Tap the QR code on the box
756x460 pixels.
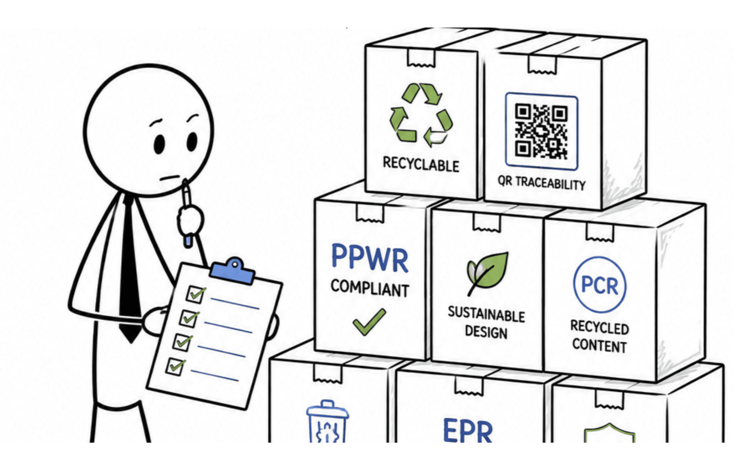(x=541, y=131)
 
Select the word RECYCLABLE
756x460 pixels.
(x=421, y=164)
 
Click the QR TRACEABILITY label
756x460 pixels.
(x=541, y=183)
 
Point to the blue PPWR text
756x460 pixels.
(x=370, y=258)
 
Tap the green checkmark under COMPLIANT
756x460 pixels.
(x=369, y=322)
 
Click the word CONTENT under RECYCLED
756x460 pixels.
(x=599, y=345)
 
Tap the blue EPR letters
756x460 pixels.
(x=468, y=430)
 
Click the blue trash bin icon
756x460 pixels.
(x=327, y=421)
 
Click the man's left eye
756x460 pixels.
(x=192, y=141)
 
